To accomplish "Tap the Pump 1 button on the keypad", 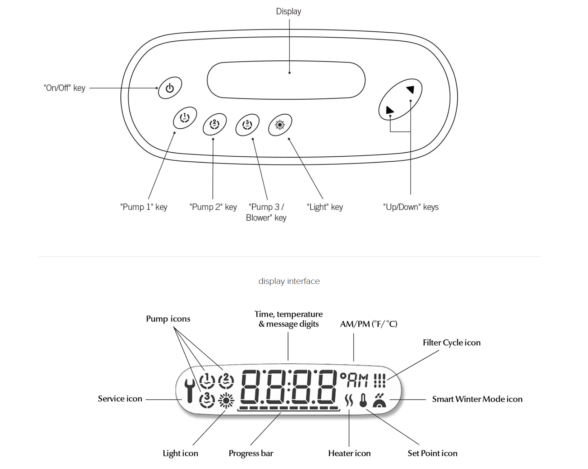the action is click(x=185, y=118).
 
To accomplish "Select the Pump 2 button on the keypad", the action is click(x=215, y=124).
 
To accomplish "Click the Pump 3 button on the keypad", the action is click(x=248, y=125).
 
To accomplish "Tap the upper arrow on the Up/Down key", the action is click(x=410, y=89).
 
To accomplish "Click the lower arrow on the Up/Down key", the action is click(x=389, y=110).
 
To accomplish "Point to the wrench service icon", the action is click(x=190, y=391).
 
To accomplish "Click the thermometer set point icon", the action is click(x=363, y=400).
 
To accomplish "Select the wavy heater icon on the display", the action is click(x=349, y=400).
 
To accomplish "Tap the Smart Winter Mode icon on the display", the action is click(x=380, y=400).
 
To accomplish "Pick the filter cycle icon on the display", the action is click(x=380, y=381).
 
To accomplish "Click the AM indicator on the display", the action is click(x=357, y=381).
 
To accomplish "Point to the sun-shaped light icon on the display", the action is click(x=226, y=401).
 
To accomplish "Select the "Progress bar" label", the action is click(x=251, y=454).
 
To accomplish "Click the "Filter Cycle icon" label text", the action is click(x=452, y=343).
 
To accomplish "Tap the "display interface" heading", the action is click(x=289, y=281).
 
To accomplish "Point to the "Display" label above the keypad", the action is click(x=289, y=12).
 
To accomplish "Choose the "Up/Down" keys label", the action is click(x=411, y=207).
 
